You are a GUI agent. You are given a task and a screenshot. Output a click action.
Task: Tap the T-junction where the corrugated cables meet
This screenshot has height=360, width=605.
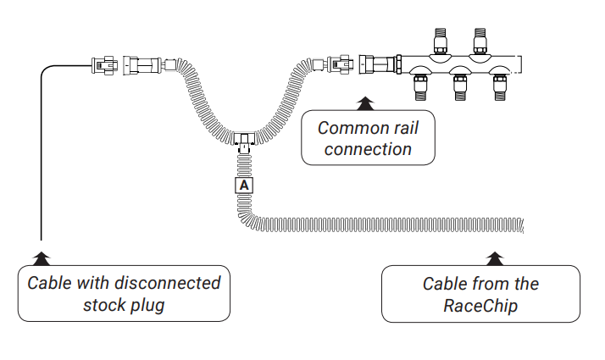click(244, 140)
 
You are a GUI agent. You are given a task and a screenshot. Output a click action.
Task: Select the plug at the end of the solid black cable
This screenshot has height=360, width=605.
click(103, 64)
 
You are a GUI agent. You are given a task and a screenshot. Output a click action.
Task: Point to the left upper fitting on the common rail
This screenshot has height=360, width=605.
click(440, 41)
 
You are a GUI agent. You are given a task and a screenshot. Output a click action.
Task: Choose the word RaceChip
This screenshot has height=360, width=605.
click(480, 306)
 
